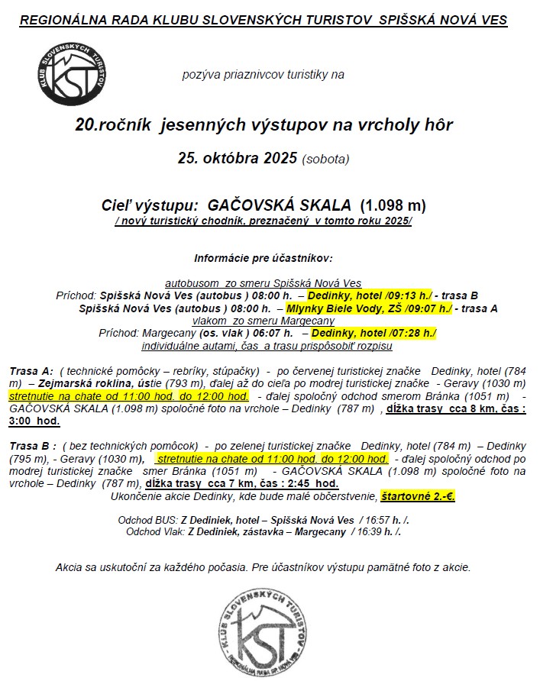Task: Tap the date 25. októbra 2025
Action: coord(238,159)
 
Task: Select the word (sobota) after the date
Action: coord(325,160)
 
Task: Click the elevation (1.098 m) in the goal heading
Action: coord(393,205)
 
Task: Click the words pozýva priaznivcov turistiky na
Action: coord(264,74)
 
